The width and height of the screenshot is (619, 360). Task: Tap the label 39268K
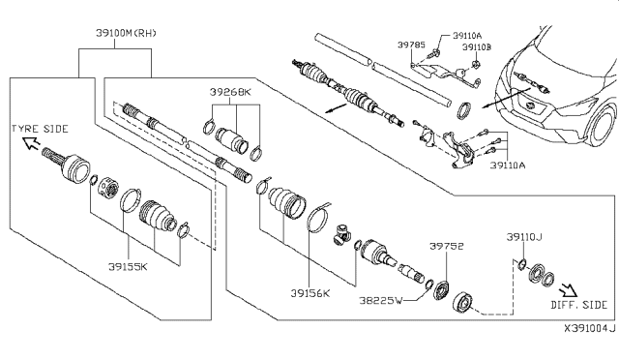point(230,92)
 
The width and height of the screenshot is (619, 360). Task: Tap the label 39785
point(409,45)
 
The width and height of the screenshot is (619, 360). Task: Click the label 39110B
point(476,46)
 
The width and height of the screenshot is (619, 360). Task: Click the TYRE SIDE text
point(40,129)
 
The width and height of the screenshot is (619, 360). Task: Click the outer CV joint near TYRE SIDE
point(72,168)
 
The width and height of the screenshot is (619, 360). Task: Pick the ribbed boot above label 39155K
point(155,215)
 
